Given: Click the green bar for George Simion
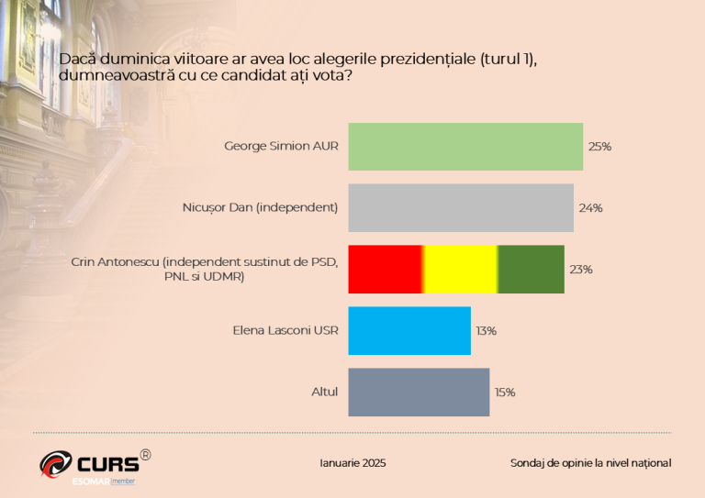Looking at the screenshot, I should click(x=465, y=147).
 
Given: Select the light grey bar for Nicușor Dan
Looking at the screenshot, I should click(x=461, y=207).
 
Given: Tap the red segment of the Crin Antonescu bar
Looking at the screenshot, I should click(x=385, y=269).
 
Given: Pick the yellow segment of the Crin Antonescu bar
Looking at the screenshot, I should click(x=460, y=269).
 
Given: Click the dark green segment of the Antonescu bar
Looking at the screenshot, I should click(x=531, y=269).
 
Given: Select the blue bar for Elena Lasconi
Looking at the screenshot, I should click(x=409, y=330).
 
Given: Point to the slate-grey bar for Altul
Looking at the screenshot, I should click(x=419, y=392).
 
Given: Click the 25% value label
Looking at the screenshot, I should click(x=599, y=147).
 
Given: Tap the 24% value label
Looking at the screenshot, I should click(x=590, y=208).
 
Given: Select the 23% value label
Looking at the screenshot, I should click(x=581, y=270).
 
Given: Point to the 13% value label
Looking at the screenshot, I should click(x=485, y=331).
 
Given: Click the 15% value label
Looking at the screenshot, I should click(x=504, y=393).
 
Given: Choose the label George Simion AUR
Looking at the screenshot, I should click(x=281, y=146).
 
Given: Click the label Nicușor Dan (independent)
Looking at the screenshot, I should click(x=260, y=207).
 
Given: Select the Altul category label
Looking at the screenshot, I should click(x=324, y=392).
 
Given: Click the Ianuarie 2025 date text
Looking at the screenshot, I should click(x=352, y=463).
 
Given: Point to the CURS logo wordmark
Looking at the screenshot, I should click(x=107, y=463).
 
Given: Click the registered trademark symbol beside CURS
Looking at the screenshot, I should click(x=145, y=453).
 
